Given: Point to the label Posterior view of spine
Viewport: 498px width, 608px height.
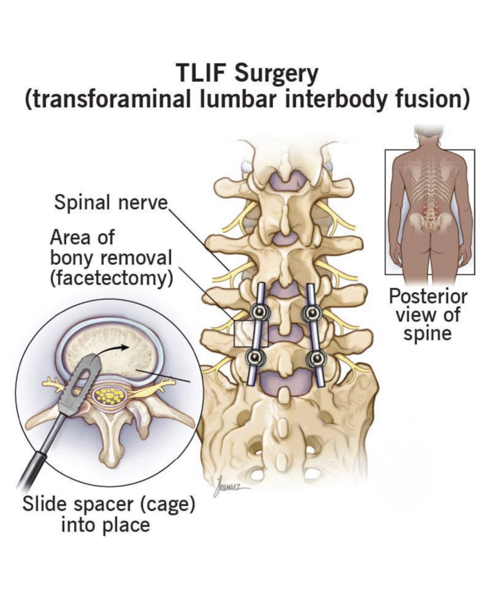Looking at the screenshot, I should tap(427, 314).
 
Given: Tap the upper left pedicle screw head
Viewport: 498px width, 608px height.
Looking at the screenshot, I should tap(259, 312).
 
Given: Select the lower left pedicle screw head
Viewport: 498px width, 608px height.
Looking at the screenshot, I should tap(256, 357).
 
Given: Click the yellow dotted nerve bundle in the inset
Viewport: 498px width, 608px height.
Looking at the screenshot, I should tap(110, 396).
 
